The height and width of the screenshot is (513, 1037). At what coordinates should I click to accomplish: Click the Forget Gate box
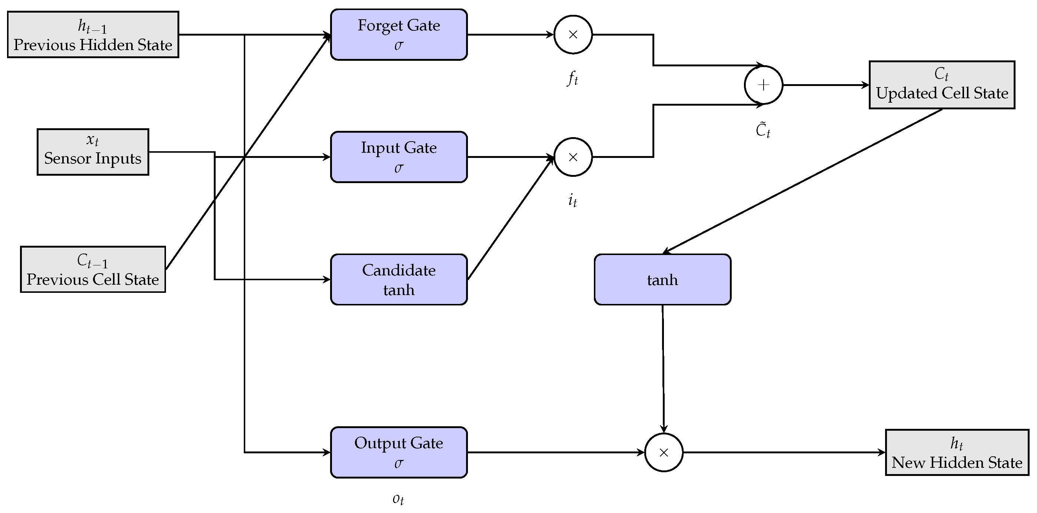coord(399,34)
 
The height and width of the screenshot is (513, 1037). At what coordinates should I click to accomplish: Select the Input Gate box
coord(399,157)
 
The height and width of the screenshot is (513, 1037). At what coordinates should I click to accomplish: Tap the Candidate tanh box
coord(399,279)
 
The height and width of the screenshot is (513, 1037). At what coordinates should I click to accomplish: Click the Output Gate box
coord(399,452)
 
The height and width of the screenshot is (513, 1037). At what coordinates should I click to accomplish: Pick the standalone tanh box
coord(662,279)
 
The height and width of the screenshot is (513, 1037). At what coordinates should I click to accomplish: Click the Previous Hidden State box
coord(93,34)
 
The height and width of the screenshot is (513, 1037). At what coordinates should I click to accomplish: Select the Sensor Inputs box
coord(93,152)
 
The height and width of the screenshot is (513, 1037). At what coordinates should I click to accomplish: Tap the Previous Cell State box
coord(93,269)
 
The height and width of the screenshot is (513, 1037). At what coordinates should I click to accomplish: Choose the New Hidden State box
coord(957,452)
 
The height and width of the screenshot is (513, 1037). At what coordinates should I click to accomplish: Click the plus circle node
coord(763,85)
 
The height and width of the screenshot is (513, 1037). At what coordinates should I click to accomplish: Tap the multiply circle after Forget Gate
coord(573,34)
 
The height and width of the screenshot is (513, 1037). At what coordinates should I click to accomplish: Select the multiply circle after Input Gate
coord(573,157)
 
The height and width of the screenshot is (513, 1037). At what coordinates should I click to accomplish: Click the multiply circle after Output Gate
coord(664,452)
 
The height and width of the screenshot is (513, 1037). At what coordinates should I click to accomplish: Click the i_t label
coord(572,200)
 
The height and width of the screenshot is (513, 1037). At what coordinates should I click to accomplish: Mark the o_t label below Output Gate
coord(398,499)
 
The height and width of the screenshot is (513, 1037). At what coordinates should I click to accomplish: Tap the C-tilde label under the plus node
coord(763,130)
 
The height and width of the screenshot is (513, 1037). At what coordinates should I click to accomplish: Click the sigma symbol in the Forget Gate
coord(399,45)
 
